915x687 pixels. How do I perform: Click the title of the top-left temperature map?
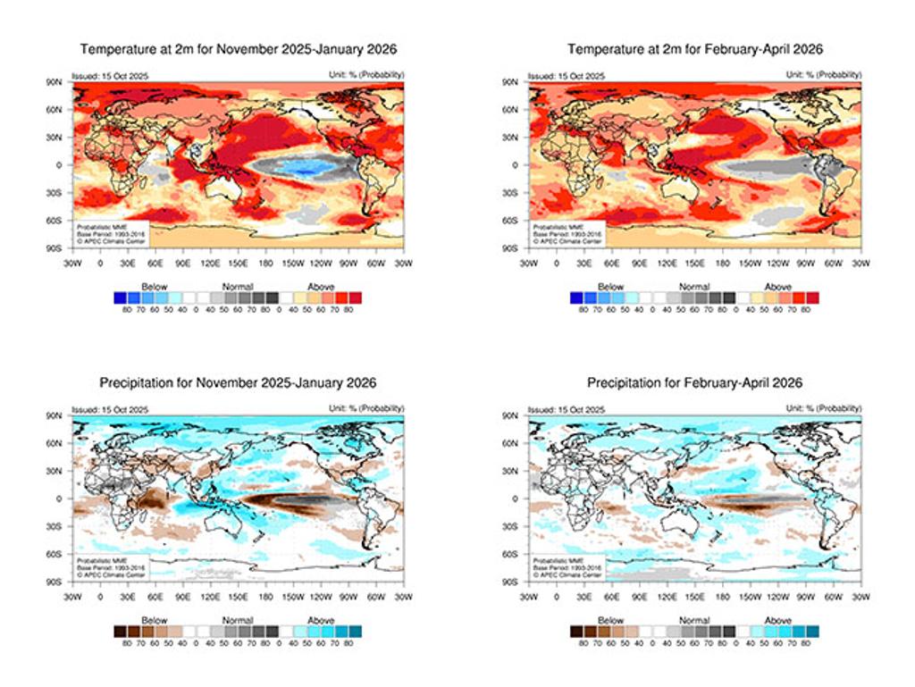238,49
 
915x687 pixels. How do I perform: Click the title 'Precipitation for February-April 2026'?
694,382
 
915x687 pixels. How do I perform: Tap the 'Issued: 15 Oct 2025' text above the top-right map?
567,76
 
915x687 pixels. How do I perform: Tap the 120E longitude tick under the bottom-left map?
210,597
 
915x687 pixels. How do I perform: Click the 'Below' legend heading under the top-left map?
155,287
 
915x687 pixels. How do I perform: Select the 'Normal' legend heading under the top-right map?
694,287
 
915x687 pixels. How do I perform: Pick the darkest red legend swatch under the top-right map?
812,297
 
